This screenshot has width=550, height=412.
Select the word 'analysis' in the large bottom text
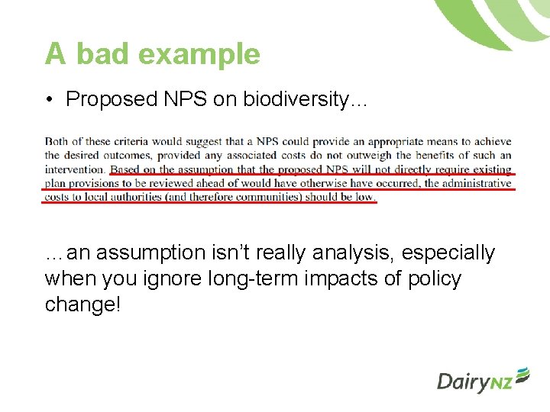pos(336,253)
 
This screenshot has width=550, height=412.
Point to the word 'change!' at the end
pos(83,304)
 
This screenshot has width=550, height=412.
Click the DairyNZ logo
pos(483,379)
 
